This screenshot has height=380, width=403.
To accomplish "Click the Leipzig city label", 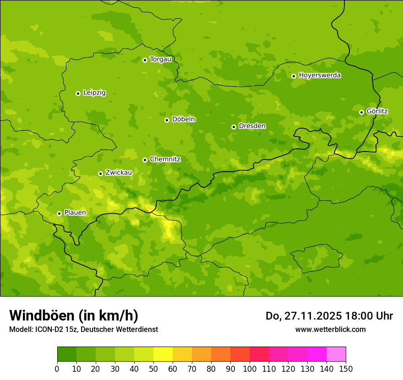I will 94,92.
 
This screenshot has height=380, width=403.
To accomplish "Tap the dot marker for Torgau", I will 145,60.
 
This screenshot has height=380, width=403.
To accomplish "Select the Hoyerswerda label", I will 320,75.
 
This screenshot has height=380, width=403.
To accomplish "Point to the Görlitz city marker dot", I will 361,112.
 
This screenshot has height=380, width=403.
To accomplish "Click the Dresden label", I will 252,126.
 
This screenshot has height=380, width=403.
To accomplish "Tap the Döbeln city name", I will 183,119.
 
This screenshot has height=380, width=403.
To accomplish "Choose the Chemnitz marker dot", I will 145,160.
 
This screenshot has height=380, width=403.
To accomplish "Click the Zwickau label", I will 119,173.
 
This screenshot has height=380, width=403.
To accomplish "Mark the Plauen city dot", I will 59,213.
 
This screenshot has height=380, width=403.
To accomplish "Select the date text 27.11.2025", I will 313,316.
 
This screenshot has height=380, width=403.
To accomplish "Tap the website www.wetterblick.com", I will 330,329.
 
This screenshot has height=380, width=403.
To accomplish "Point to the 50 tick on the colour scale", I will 153,369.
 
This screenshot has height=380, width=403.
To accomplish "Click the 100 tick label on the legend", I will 250,369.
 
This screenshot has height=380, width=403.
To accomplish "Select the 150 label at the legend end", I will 346,369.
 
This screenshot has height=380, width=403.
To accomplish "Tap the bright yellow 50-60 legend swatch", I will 163,354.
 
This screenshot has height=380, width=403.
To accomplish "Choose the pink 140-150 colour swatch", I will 336,354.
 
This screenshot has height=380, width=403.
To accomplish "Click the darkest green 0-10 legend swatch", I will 67,354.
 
